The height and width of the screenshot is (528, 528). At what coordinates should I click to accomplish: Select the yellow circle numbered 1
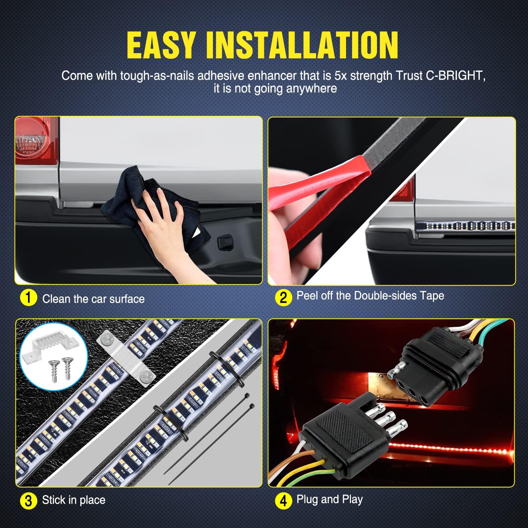click(29, 298)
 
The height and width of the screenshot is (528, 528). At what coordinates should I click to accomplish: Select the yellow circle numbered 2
click(283, 298)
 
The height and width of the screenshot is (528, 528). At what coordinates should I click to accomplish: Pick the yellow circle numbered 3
click(29, 501)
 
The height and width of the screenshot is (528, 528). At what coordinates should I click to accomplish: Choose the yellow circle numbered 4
click(283, 501)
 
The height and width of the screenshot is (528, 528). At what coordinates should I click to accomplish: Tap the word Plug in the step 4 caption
click(307, 500)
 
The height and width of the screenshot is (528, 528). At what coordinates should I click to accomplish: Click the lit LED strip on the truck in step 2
click(466, 226)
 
